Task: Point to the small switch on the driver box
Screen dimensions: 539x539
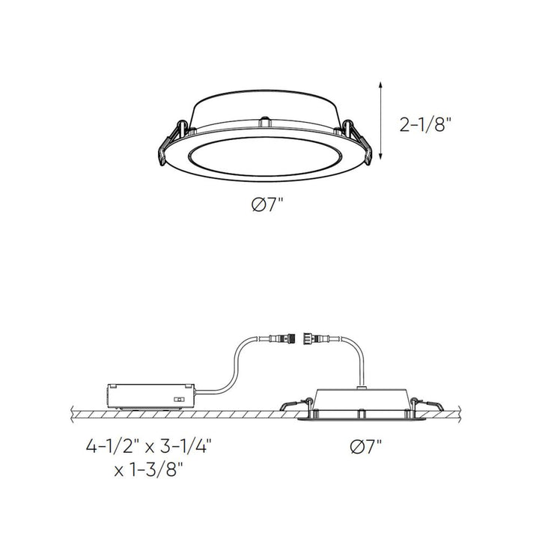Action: coord(179,399)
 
